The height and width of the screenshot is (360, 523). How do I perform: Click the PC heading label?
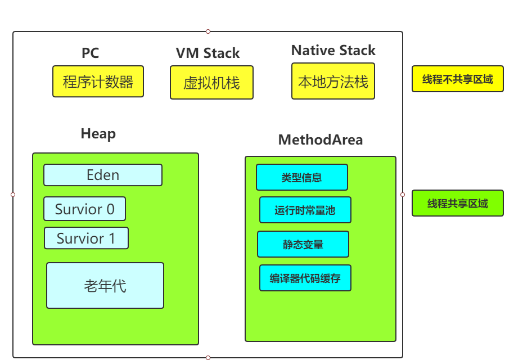click(90, 53)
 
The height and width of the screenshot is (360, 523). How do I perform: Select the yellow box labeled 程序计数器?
click(98, 82)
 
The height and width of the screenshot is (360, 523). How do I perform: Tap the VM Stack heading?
click(208, 53)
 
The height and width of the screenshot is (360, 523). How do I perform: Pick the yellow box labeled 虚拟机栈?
click(211, 83)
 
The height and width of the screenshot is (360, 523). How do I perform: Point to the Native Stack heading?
click(333, 51)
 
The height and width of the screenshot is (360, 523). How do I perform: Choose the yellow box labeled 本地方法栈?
click(333, 81)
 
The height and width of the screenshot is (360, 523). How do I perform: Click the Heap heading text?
click(98, 134)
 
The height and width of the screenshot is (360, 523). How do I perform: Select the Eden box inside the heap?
click(103, 175)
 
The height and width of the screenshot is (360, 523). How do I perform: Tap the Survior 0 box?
click(84, 209)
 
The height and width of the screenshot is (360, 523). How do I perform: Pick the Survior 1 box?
click(86, 238)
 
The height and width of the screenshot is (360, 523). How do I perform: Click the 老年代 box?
click(105, 286)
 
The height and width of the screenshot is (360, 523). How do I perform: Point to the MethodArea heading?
click(320, 140)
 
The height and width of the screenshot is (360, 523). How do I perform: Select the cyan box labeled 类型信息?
click(302, 177)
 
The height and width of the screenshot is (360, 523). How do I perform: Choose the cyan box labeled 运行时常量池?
click(305, 210)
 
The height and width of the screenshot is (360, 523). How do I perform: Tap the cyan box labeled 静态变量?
click(303, 244)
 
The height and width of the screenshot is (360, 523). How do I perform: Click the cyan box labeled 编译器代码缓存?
click(305, 278)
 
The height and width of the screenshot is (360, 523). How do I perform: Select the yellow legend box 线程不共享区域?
click(458, 79)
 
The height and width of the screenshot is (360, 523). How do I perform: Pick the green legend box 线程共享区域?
click(458, 203)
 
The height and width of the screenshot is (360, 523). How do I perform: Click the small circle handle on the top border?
click(208, 31)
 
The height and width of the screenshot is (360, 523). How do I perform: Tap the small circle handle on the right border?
click(403, 195)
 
